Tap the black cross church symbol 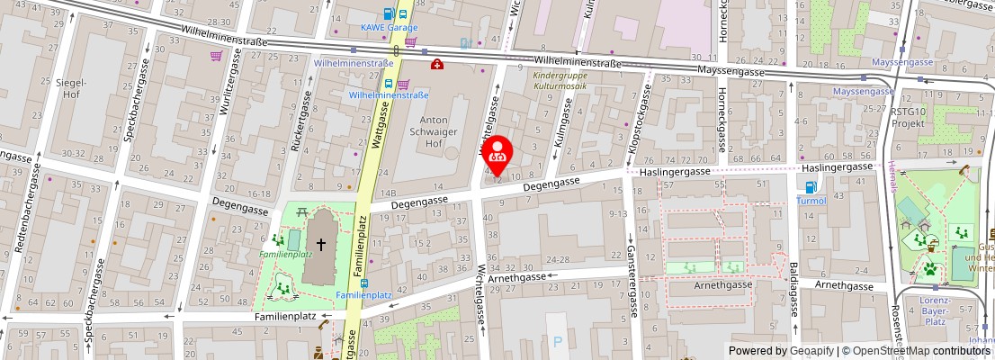(320, 244)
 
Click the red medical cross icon (436, 64)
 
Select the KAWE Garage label (390, 28)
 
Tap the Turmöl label (811, 202)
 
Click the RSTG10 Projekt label (908, 117)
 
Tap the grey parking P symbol (558, 342)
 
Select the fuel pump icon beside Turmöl (811, 187)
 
